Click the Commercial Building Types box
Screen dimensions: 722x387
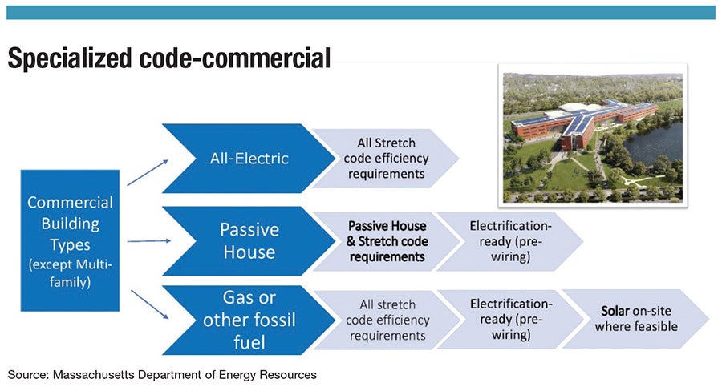[70, 240]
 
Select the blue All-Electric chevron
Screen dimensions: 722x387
[249, 159]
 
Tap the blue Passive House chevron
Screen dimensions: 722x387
[249, 240]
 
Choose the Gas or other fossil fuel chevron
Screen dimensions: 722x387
[249, 320]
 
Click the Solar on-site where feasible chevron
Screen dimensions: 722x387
[635, 319]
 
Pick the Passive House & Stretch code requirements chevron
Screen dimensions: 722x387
[386, 241]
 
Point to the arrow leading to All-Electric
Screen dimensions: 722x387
[148, 172]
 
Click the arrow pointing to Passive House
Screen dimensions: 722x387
[148, 240]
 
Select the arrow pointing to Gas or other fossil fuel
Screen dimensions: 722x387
[150, 304]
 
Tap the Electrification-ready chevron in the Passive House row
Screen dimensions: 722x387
[509, 241]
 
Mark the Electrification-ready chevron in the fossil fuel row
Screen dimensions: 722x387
[509, 319]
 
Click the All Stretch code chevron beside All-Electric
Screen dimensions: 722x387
[386, 159]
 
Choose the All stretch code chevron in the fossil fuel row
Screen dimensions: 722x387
[386, 320]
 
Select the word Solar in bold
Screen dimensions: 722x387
[615, 311]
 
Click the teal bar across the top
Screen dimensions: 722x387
[360, 13]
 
